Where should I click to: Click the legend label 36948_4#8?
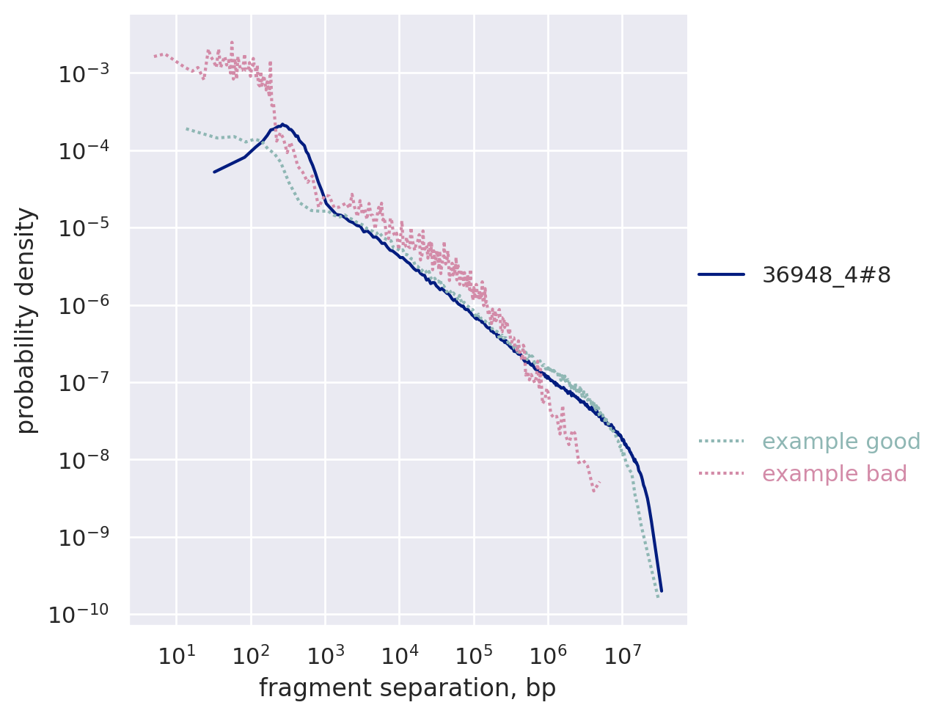click(x=826, y=274)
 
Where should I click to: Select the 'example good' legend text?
click(x=841, y=442)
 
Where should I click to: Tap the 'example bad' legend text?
click(x=834, y=474)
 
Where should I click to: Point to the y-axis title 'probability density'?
click(x=26, y=320)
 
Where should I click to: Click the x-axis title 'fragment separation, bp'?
click(x=407, y=688)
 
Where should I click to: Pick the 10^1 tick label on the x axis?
click(x=176, y=654)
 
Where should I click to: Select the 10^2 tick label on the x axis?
click(x=250, y=654)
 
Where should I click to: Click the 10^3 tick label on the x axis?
click(x=324, y=654)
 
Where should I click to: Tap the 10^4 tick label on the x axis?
click(x=398, y=654)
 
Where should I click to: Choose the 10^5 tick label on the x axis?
click(x=473, y=654)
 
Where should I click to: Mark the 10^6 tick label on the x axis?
click(x=547, y=654)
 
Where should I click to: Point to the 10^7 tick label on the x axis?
click(x=621, y=654)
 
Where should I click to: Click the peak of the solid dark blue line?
click(x=282, y=125)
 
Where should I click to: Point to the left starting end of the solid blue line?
click(x=214, y=172)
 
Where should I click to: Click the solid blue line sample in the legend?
click(x=721, y=274)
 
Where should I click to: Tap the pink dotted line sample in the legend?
click(x=721, y=474)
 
